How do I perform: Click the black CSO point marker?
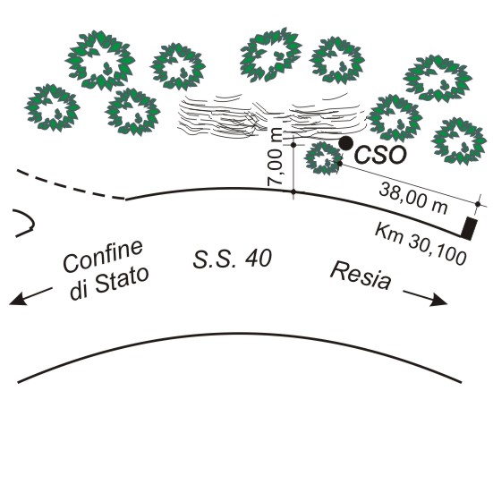pos(345,143)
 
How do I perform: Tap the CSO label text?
pos(380,155)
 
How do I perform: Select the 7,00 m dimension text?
pos(276,157)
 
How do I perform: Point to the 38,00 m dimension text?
pos(413,199)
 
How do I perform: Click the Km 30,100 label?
pos(420,243)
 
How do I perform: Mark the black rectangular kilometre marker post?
pos(470,228)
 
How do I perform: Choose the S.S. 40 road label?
pos(233,259)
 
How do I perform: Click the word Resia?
pos(361,276)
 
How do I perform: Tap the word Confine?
pos(103,256)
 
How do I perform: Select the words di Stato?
pos(109,284)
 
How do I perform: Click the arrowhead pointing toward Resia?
pos(439,301)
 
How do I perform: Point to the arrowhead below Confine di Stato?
pos(17,300)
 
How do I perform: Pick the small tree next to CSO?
pos(323,158)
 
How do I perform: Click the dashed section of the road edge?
pos(71,185)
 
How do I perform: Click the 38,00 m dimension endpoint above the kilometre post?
pos(478,204)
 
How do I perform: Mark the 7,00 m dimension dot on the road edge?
pos(293,191)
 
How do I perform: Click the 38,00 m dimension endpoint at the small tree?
pos(340,164)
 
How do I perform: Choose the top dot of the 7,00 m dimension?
pos(293,145)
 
